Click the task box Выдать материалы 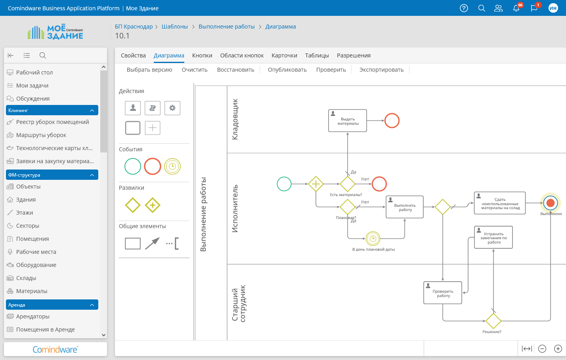point(348,121)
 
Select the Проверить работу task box point(443,293)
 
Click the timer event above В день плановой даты point(373,238)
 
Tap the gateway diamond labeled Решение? point(493,321)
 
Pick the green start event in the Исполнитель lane point(284,184)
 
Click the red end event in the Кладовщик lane point(392,121)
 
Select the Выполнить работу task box point(405,207)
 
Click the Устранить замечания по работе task point(493,237)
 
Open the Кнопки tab point(202,55)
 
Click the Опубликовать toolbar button point(287,70)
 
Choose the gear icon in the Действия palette point(172,108)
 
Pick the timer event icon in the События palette point(172,166)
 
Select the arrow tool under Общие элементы point(152,243)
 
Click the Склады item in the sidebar point(26,278)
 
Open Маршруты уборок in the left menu point(41,135)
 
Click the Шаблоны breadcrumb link point(175,27)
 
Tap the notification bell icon point(516,8)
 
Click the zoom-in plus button point(558,349)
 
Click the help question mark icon point(464,8)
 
